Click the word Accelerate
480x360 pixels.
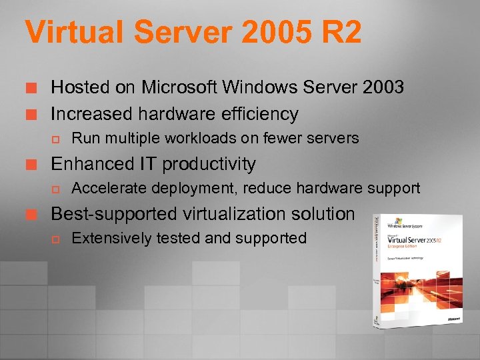[x=108, y=189]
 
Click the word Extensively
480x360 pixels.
[x=111, y=238]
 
